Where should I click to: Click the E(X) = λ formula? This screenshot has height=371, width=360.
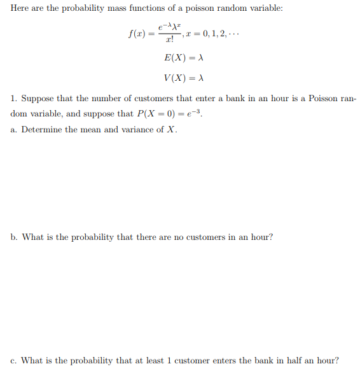[183, 58]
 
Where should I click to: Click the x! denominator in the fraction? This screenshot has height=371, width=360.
[169, 40]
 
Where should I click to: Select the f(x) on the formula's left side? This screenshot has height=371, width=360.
[137, 33]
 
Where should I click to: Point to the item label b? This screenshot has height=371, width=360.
[14, 237]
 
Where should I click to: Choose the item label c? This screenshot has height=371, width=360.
[14, 360]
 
